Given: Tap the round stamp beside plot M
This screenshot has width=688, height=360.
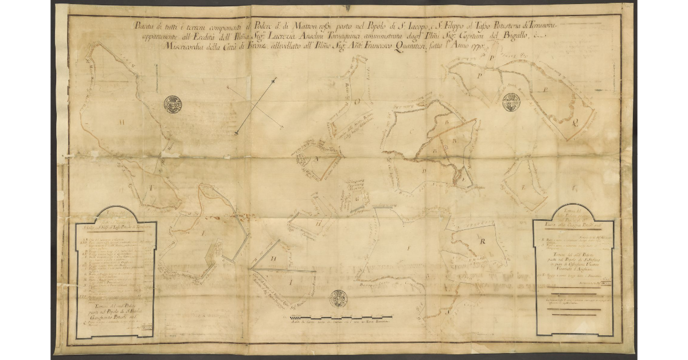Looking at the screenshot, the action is click(x=173, y=104).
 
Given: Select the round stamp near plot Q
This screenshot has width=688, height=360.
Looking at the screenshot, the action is click(x=511, y=102).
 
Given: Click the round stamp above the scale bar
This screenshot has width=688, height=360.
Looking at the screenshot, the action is click(x=338, y=299).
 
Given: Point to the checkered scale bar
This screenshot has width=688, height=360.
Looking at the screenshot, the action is click(x=342, y=317).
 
